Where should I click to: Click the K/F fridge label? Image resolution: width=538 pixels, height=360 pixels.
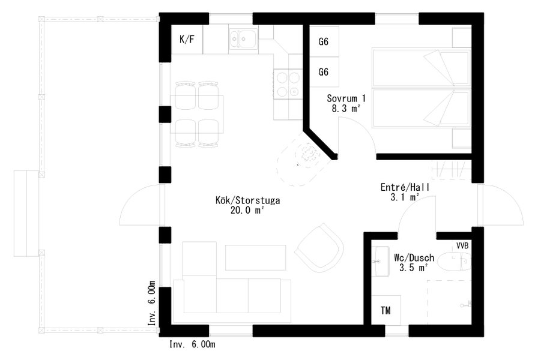(x=187, y=40)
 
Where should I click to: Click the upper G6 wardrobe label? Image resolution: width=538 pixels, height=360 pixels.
(x=324, y=42)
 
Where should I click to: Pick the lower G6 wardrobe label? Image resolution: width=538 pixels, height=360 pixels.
(x=324, y=72)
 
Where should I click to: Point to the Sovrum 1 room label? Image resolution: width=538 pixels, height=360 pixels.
(x=346, y=99)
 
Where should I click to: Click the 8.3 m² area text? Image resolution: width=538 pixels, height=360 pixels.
(x=346, y=109)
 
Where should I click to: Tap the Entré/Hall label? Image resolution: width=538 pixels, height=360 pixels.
(x=405, y=187)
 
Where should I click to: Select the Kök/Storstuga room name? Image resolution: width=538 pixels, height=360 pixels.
(x=248, y=200)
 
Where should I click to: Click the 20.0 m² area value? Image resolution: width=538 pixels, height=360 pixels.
(x=247, y=211)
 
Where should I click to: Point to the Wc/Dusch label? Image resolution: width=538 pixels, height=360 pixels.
(x=414, y=258)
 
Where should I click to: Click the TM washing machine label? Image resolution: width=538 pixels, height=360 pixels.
(x=385, y=311)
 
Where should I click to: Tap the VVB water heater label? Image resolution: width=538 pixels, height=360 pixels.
(x=462, y=246)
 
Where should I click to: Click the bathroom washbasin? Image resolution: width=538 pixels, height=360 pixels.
(x=380, y=261)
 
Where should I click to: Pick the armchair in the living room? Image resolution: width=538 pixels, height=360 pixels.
(x=319, y=248)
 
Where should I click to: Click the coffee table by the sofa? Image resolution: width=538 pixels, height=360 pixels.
(x=256, y=257)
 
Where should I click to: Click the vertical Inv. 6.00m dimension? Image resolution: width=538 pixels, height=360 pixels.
(x=152, y=303)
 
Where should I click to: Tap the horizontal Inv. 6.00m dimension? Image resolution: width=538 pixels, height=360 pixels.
(x=192, y=344)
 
